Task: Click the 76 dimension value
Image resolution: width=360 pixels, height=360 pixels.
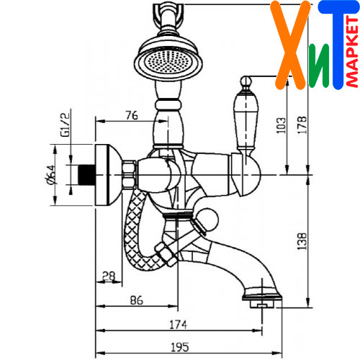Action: (132, 116)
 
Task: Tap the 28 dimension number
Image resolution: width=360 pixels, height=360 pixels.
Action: (109, 276)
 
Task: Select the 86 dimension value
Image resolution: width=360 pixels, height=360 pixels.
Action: (136, 300)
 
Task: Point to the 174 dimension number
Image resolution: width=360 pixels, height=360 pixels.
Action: (178, 325)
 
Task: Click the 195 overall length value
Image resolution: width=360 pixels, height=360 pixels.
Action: (180, 347)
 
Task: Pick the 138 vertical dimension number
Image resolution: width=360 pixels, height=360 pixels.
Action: (302, 241)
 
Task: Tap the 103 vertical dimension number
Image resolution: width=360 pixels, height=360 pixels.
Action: (281, 125)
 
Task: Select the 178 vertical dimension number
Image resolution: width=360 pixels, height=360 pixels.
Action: (302, 125)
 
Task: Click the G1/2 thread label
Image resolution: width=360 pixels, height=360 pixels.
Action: (66, 125)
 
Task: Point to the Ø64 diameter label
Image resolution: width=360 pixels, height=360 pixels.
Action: (51, 175)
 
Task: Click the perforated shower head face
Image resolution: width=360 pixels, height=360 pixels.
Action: (168, 62)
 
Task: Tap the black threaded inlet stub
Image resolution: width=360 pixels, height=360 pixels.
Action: (86, 175)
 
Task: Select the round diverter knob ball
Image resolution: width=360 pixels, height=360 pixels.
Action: (207, 220)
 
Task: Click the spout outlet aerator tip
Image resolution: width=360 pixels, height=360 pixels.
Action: (262, 304)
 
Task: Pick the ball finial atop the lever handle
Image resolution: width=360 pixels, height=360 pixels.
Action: (246, 81)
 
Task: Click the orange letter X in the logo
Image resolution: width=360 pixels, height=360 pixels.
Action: (289, 45)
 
